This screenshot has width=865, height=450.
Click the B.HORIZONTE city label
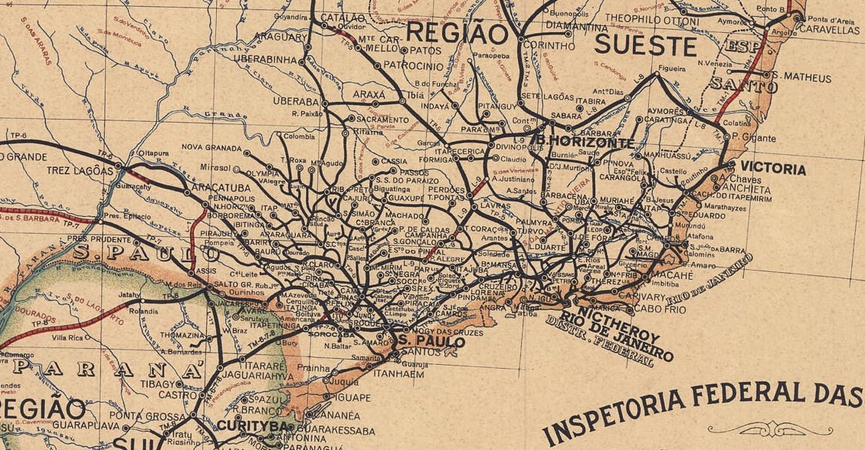(x=585, y=143)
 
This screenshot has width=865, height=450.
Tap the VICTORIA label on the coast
(x=772, y=169)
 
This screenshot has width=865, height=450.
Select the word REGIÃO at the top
(x=457, y=34)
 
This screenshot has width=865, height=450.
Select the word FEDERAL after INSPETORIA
(x=741, y=393)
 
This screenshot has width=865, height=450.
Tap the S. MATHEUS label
(x=801, y=77)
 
